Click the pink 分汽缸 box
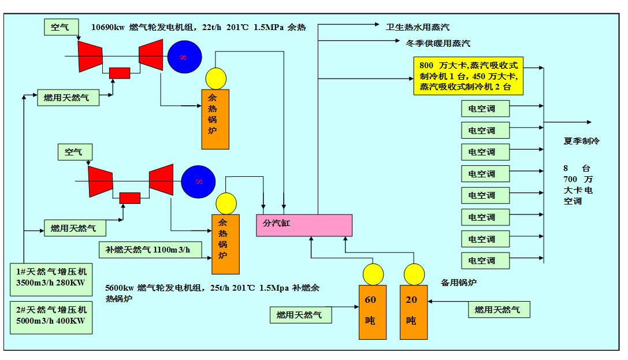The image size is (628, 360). coord(304,225)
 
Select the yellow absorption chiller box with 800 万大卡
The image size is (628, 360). coord(468,76)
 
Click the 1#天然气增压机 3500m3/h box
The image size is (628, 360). coord(51,277)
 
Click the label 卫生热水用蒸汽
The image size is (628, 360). coord(418,27)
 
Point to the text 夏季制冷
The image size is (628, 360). coord(582,141)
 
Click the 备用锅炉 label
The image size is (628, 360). coord(459,283)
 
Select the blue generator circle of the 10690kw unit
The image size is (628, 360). coord(185,57)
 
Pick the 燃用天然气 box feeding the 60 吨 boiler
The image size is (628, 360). coord(300,315)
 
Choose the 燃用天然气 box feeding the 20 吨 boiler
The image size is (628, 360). coord(498,310)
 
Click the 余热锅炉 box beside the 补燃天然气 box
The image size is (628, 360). coord(225,244)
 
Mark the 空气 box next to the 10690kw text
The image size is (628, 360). coord(60,27)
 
